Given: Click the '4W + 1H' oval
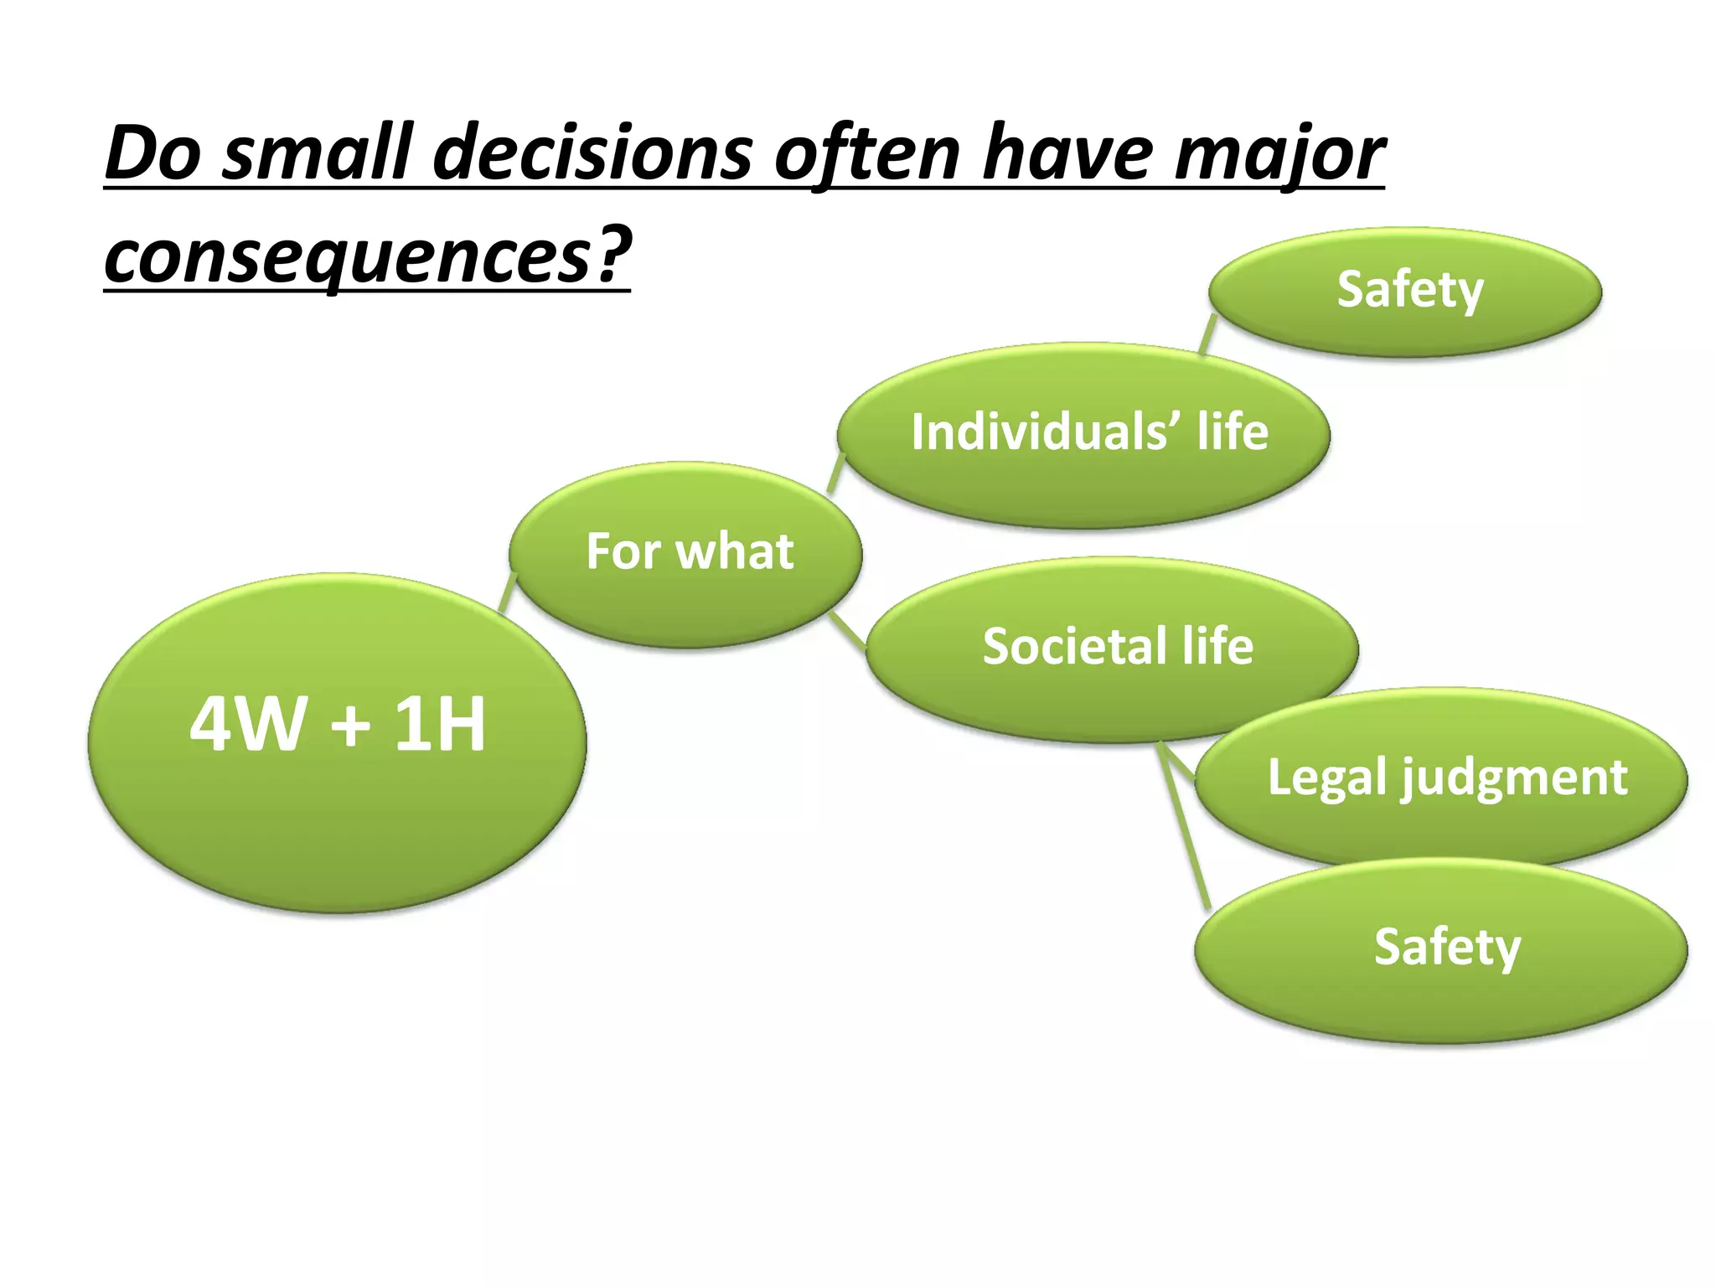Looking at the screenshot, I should [337, 742].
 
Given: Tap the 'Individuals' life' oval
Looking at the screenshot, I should [1084, 434].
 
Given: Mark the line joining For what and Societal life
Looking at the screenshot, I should [849, 629].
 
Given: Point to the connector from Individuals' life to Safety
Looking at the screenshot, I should [1207, 333].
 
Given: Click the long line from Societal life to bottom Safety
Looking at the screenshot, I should [1184, 825].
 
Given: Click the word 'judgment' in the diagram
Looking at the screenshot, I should [1514, 778].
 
